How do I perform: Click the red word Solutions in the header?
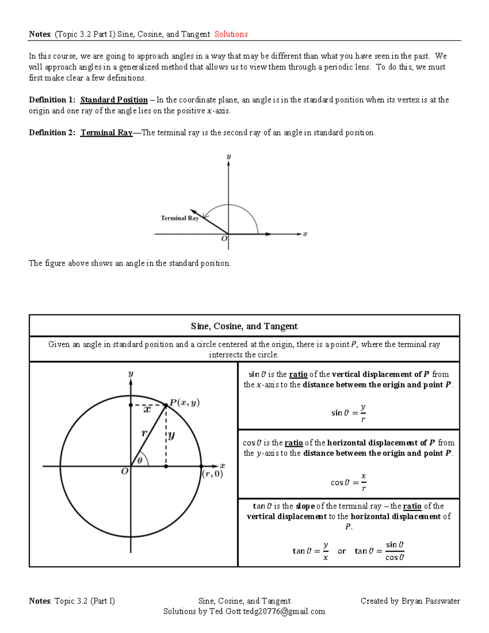click(x=231, y=34)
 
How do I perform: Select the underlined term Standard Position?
click(x=114, y=100)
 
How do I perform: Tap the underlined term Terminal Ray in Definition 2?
click(x=106, y=132)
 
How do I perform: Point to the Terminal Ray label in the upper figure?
click(x=179, y=218)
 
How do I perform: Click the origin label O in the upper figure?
click(x=224, y=238)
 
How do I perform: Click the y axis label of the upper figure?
click(x=229, y=157)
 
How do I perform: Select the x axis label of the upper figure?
click(x=305, y=234)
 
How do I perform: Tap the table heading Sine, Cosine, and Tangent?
click(x=244, y=326)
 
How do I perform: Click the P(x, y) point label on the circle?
click(x=185, y=403)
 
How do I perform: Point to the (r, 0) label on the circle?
click(x=213, y=474)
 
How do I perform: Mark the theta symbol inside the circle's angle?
click(x=140, y=461)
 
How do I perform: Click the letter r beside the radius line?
click(x=144, y=433)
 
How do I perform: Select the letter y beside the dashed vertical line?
click(x=172, y=435)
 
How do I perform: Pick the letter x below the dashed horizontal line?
click(x=147, y=409)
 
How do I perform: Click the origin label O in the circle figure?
click(x=125, y=471)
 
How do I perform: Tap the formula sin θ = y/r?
click(x=348, y=413)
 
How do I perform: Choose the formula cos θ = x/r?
click(x=348, y=482)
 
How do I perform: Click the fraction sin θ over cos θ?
click(x=394, y=551)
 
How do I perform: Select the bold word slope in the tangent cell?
click(x=305, y=506)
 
